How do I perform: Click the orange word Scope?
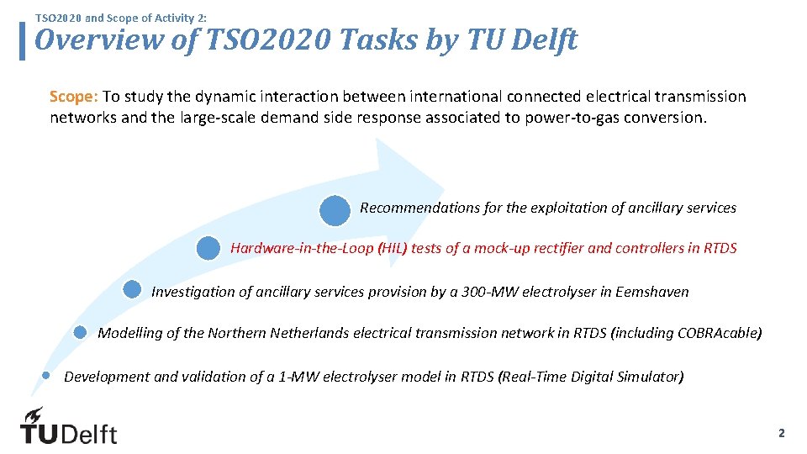[74, 97]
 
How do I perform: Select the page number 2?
[781, 433]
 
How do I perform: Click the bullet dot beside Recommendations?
[335, 210]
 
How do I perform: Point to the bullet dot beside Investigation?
[132, 290]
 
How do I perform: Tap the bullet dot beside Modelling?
[81, 332]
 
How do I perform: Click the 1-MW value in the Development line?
[299, 377]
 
